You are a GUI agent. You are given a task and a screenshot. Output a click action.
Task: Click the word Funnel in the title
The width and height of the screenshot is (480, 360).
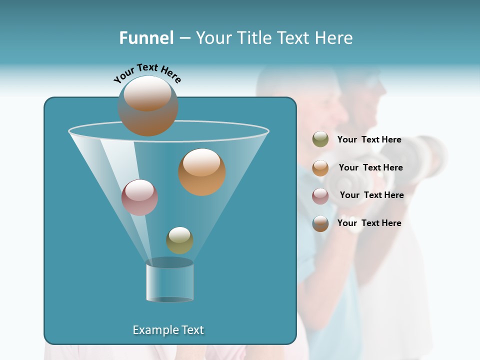click(x=146, y=38)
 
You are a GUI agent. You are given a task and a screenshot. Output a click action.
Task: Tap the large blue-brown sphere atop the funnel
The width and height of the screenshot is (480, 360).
click(x=148, y=106)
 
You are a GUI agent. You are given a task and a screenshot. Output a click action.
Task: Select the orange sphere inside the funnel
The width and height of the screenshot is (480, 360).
click(x=202, y=172)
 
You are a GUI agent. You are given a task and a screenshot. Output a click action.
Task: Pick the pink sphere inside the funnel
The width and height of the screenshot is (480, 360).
click(x=139, y=197)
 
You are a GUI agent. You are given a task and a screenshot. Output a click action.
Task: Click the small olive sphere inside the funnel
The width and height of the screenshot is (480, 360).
click(x=179, y=240)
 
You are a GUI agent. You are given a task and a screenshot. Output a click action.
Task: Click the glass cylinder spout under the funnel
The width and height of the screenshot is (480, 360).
click(x=170, y=281)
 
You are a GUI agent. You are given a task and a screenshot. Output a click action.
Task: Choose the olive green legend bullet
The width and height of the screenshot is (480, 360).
click(x=320, y=139)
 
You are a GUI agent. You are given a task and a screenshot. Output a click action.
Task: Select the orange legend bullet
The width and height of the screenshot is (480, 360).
click(x=320, y=168)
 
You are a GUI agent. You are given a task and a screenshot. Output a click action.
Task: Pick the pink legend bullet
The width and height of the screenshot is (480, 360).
click(x=320, y=196)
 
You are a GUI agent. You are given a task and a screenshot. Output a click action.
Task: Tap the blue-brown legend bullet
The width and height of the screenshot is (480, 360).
click(x=320, y=223)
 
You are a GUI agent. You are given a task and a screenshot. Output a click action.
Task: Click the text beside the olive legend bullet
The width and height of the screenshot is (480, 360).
click(x=369, y=140)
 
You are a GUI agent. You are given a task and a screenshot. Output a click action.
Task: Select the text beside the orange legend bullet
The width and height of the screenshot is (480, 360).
click(x=370, y=168)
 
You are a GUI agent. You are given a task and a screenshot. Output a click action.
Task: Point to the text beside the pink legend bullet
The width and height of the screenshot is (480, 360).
click(x=371, y=195)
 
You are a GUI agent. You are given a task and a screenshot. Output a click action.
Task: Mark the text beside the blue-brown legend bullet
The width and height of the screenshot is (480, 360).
click(x=369, y=223)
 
